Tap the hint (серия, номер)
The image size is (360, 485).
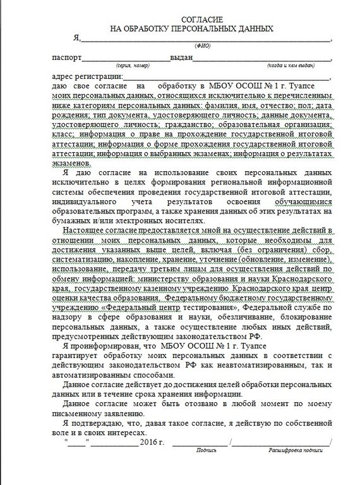(132, 65)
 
